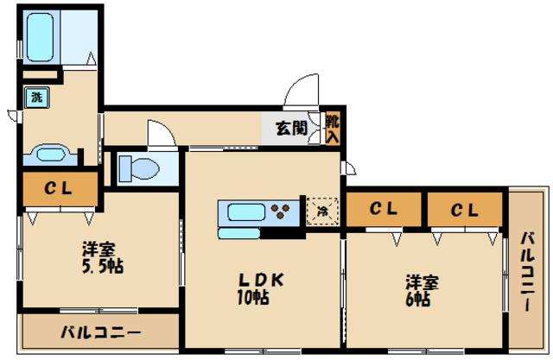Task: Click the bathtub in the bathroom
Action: point(41,36)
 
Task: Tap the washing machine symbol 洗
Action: point(36,98)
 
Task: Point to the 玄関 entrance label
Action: point(291,129)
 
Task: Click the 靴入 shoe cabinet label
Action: point(333,128)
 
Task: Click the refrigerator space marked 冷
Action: point(322,210)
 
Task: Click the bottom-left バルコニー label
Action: point(100,331)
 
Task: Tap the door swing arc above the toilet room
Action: point(161,134)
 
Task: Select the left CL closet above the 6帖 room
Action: point(383,209)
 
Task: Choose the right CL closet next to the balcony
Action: point(464,209)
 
